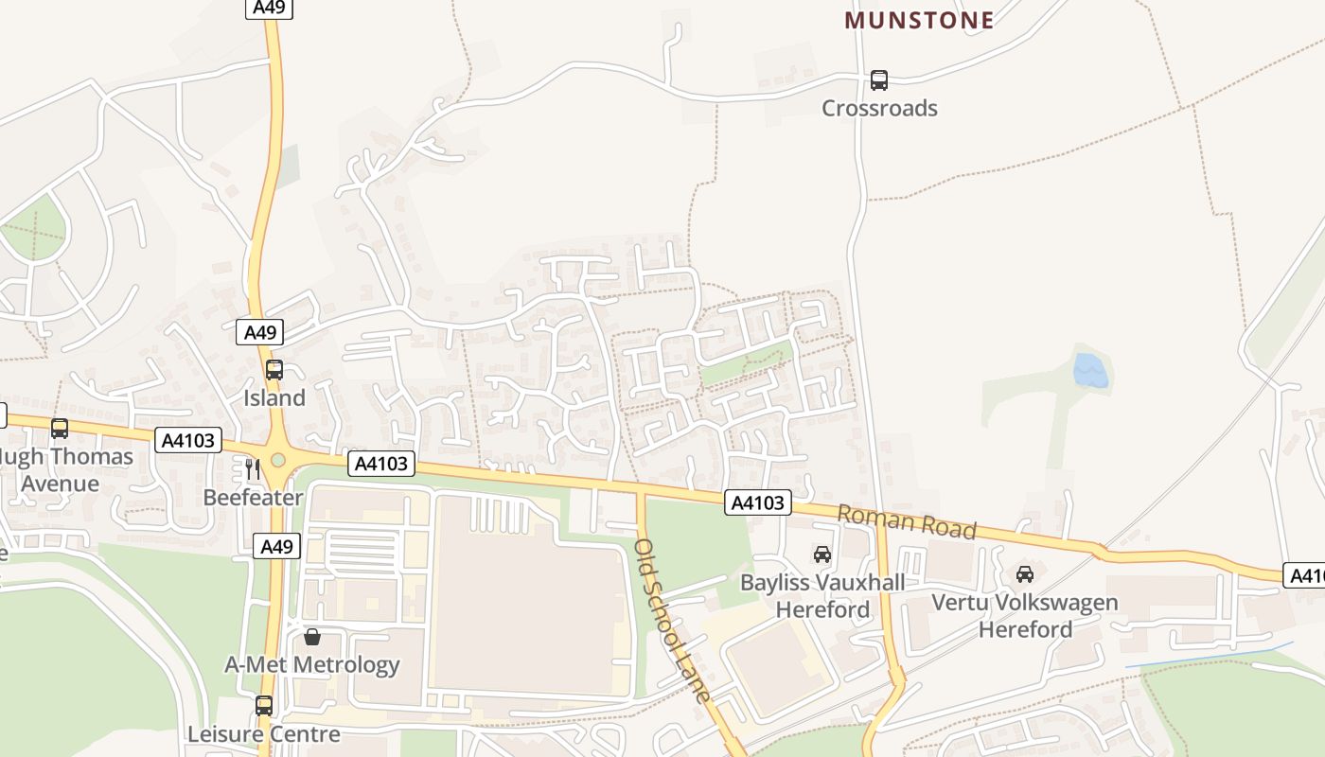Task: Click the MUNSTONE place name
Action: click(x=919, y=20)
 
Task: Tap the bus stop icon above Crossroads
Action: click(x=879, y=80)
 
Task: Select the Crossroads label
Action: click(x=879, y=108)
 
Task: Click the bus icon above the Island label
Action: click(x=274, y=370)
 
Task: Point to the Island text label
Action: click(x=274, y=397)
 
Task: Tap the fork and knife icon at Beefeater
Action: click(x=252, y=468)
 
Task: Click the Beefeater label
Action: click(x=253, y=497)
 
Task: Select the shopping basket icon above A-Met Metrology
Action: click(x=312, y=637)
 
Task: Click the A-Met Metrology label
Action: click(x=312, y=664)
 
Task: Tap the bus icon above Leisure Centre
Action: click(x=264, y=705)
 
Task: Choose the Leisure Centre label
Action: click(x=263, y=733)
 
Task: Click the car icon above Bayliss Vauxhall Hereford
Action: click(x=822, y=555)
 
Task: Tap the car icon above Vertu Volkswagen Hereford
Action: click(x=1025, y=573)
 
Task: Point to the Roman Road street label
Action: click(x=907, y=521)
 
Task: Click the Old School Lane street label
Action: click(x=672, y=620)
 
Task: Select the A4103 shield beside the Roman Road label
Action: click(x=758, y=502)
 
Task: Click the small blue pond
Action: click(x=1090, y=371)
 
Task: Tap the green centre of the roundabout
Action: click(x=277, y=460)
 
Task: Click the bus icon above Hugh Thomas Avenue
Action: click(x=60, y=429)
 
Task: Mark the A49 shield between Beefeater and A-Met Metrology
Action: click(x=277, y=546)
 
